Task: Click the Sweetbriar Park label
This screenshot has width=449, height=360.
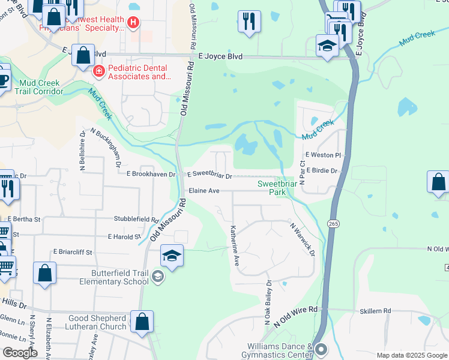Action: tap(274, 188)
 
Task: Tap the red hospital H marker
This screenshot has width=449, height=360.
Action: tap(133, 24)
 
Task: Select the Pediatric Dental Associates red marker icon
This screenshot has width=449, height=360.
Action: tap(98, 71)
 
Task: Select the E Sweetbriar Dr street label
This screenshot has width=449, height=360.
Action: tap(209, 175)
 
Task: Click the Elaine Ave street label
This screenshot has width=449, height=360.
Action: tap(203, 191)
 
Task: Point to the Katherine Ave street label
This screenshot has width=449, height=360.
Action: tap(235, 245)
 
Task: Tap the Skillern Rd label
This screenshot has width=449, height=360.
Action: tap(375, 310)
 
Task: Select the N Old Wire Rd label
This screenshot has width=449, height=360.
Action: tap(295, 315)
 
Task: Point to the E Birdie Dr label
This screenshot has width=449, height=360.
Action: tap(322, 171)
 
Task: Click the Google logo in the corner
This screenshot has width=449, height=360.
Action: tap(20, 353)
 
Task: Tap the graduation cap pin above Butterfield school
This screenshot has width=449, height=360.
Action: tap(172, 256)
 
